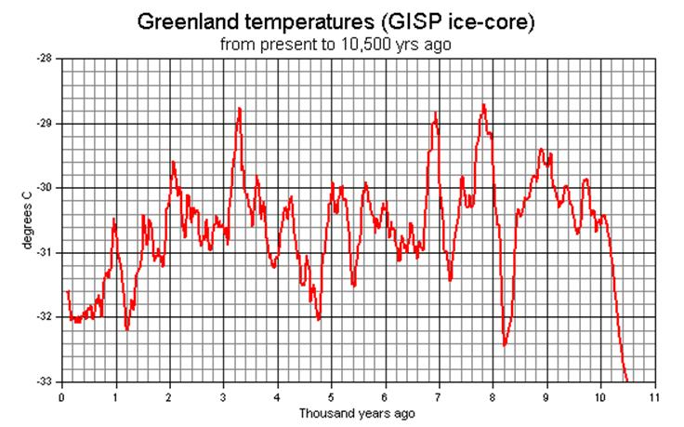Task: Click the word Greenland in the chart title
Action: tap(182, 20)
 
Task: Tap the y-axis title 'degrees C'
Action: tap(27, 221)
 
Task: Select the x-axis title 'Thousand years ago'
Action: tap(358, 412)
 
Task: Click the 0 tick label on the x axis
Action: tap(60, 397)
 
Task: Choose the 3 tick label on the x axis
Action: tap(223, 397)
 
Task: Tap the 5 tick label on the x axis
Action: tap(331, 397)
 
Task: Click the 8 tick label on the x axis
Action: tap(493, 397)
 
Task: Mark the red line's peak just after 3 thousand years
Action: tap(240, 109)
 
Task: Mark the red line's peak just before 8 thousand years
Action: tap(484, 105)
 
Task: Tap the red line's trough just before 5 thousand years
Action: tap(318, 319)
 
